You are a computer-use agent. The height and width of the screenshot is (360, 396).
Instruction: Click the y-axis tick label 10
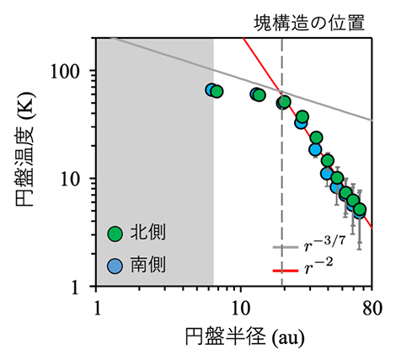tap(78, 179)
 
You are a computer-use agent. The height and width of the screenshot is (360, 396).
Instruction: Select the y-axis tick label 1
tap(83, 287)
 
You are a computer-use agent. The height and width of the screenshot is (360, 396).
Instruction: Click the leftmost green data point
tap(217, 91)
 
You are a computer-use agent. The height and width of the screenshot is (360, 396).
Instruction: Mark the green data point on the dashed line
tap(284, 102)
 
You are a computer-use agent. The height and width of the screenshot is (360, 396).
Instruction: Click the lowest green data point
tap(360, 209)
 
